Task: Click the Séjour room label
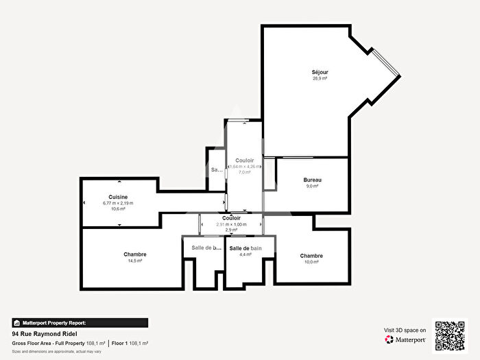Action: (320, 71)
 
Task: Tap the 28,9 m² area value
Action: (320, 78)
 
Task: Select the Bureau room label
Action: (313, 180)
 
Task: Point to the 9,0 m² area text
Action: (313, 186)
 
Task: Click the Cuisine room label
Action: (118, 197)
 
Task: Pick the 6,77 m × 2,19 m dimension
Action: (118, 203)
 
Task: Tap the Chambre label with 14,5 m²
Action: (135, 254)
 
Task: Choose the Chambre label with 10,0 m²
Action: (311, 256)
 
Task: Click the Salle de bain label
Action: (245, 248)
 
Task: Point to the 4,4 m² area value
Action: (245, 254)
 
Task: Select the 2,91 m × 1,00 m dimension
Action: (231, 224)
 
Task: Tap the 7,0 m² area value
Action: (245, 173)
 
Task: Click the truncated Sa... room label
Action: (217, 169)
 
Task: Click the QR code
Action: (451, 335)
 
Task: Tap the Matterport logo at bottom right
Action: (405, 339)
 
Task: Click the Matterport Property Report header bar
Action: (80, 322)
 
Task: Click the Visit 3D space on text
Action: (404, 330)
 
